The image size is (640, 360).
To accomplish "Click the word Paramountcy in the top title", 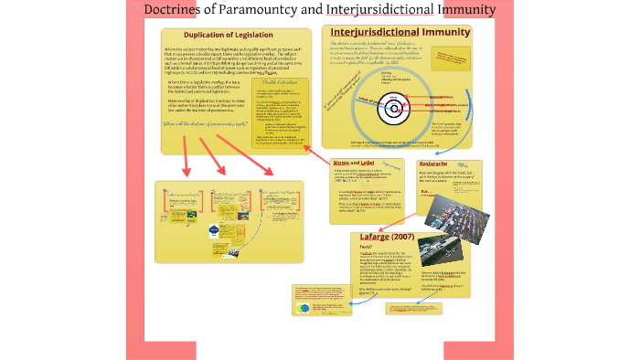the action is (x=245, y=11).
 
